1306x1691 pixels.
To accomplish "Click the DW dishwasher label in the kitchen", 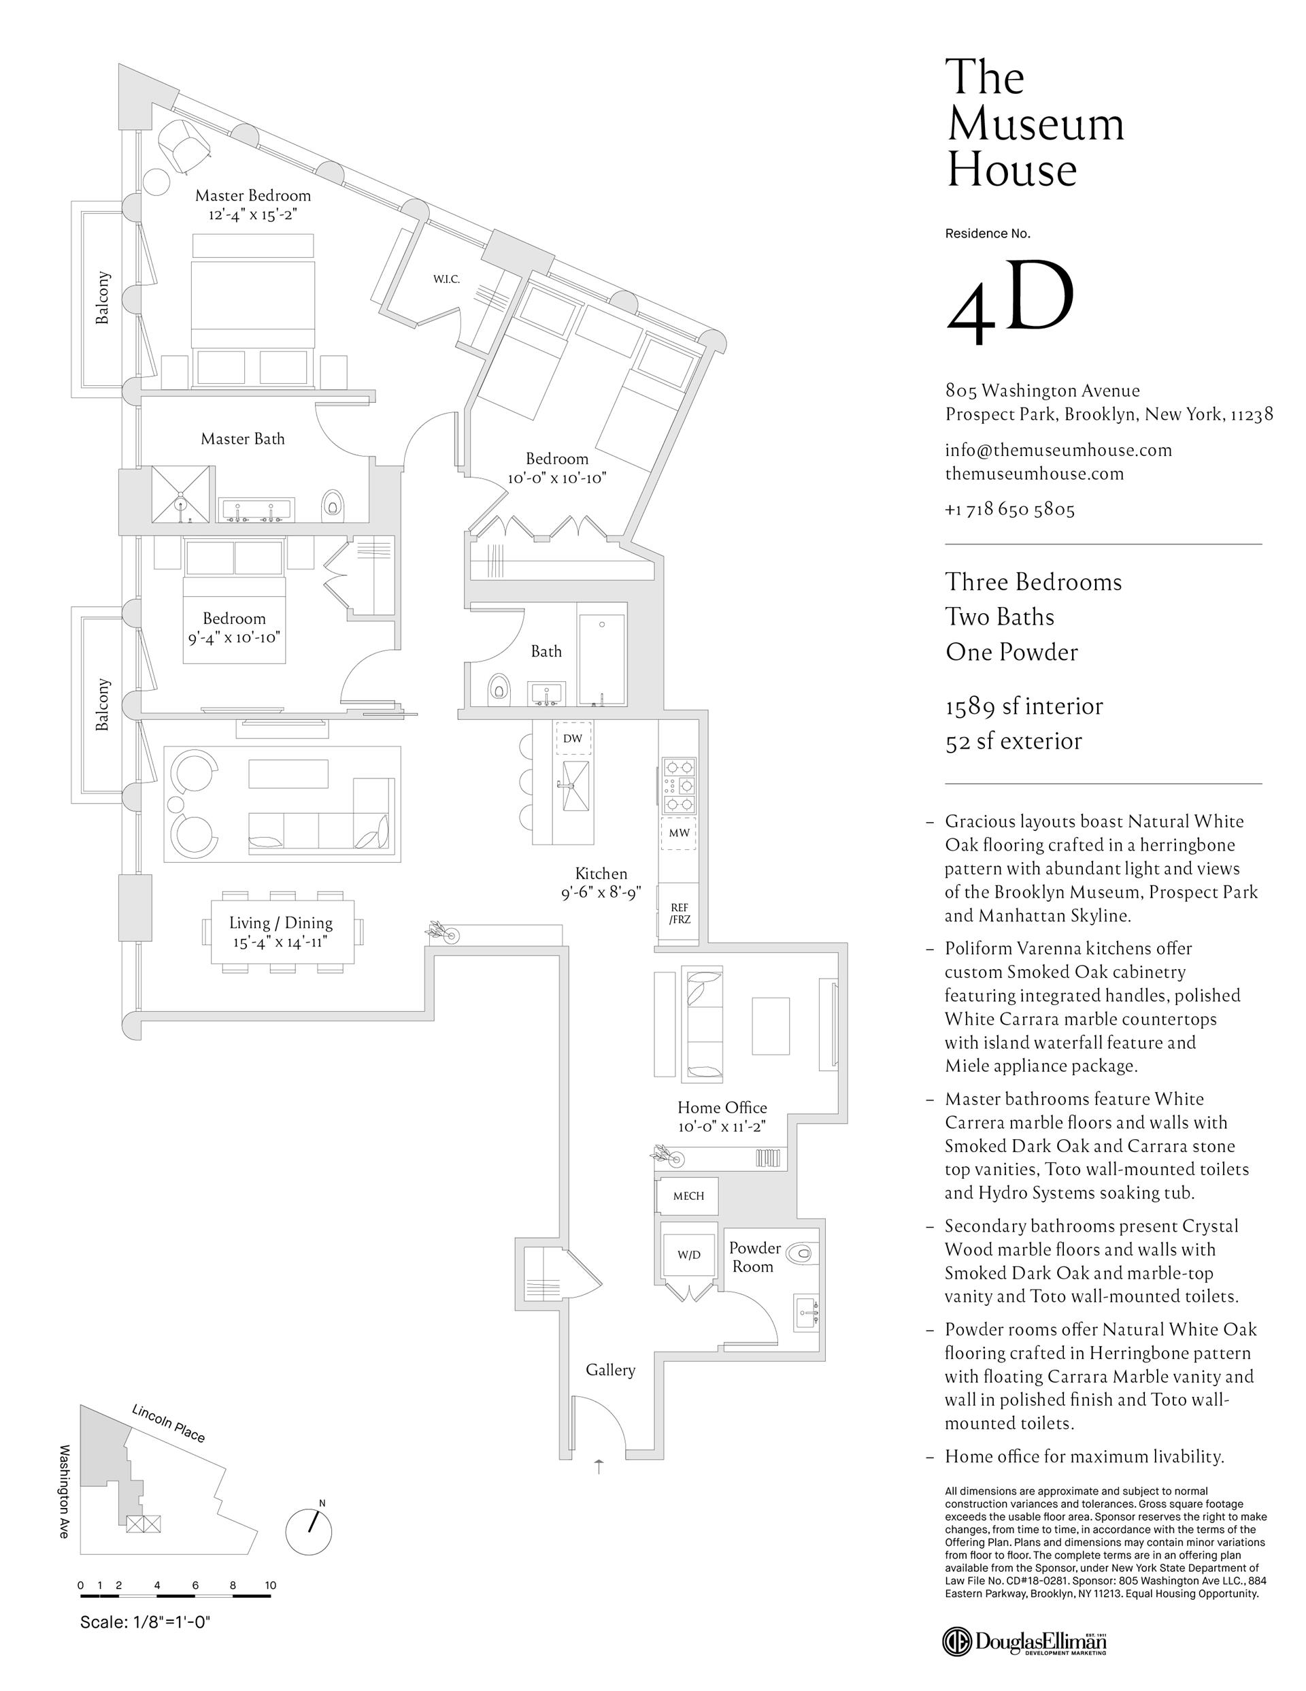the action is (x=572, y=738).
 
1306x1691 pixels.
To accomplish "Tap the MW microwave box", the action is (x=679, y=833).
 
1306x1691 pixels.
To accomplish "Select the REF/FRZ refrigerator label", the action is (x=679, y=914).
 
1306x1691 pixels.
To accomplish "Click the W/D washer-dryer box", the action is (x=688, y=1255).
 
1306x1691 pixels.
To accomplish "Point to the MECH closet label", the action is (x=688, y=1196).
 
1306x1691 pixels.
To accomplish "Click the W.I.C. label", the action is (x=446, y=279).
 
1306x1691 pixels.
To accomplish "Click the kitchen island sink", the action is (x=573, y=785).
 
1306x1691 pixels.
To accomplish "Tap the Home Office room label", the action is (x=722, y=1108).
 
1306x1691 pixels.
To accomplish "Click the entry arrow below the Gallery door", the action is (x=599, y=1466).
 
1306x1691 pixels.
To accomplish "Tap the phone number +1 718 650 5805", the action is (x=1009, y=510).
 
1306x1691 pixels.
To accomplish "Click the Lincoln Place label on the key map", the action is (x=168, y=1423).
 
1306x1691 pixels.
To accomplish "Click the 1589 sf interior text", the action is (x=1024, y=706).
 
